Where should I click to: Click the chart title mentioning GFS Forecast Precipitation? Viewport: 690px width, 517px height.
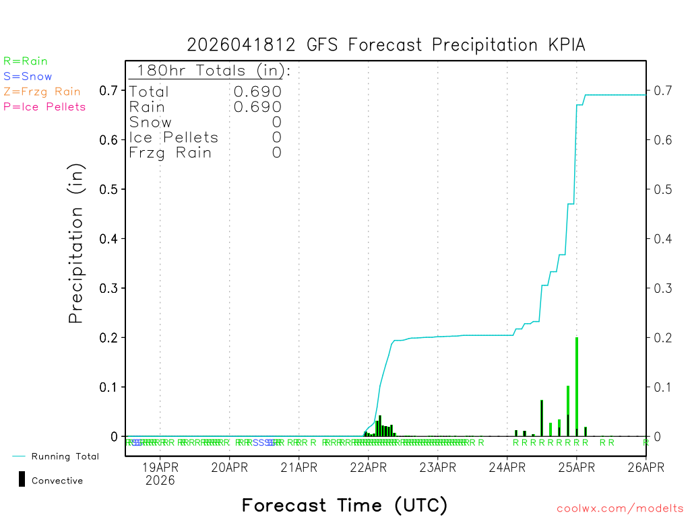(386, 45)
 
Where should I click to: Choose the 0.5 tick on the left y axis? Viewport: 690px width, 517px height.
(108, 189)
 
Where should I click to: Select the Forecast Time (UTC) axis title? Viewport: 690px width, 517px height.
(344, 505)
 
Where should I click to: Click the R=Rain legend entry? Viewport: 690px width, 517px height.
(26, 61)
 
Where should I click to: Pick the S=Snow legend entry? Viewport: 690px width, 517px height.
(28, 77)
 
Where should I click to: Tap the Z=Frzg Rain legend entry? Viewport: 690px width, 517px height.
(42, 92)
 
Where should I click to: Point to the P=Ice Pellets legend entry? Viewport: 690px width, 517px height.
(44, 106)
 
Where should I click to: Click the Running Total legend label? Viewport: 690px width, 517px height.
(65, 456)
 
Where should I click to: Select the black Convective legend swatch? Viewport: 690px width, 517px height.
(22, 479)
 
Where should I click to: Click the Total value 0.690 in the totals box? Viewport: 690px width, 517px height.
(257, 92)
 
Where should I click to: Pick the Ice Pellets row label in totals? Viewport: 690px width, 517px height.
(174, 137)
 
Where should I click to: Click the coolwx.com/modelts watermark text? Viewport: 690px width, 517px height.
(620, 509)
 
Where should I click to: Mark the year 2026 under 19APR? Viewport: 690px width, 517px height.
(160, 481)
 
